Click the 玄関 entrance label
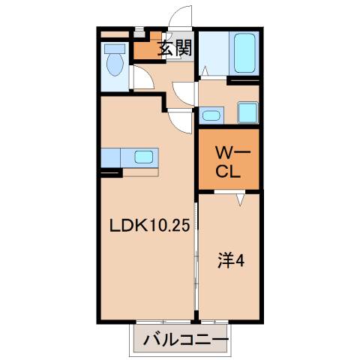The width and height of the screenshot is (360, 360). [175, 49]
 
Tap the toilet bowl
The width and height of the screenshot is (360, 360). [115, 65]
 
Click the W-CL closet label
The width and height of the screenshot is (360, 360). [228, 161]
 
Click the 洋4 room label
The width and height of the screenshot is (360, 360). [230, 262]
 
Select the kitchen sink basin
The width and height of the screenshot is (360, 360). [142, 157]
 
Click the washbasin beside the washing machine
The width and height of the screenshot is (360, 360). [211, 115]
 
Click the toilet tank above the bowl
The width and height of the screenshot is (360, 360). [115, 47]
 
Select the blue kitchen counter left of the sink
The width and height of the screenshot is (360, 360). [111, 157]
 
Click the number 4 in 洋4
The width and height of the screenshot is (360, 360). [240, 262]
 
